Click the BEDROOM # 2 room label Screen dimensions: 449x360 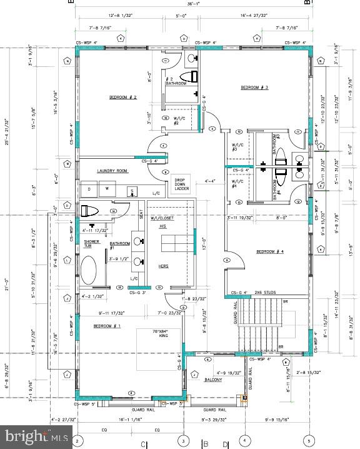(123, 97)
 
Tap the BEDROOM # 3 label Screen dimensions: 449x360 (254, 88)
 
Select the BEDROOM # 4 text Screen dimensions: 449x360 (270, 251)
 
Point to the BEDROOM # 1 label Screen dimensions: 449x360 (107, 326)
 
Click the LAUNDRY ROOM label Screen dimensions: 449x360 (112, 170)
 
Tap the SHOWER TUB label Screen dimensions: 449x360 (91, 243)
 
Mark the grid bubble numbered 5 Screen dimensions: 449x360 (307, 440)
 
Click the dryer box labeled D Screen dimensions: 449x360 (89, 188)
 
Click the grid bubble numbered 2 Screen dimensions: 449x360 (76, 440)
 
